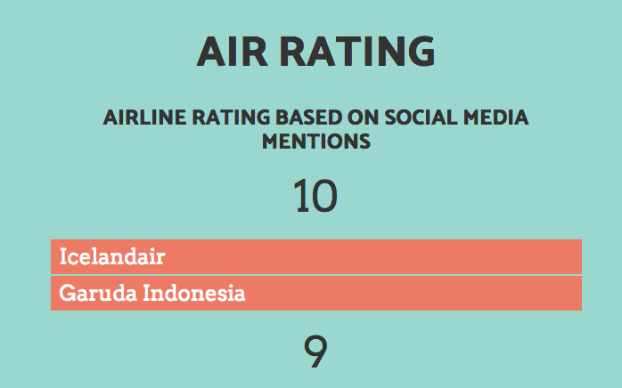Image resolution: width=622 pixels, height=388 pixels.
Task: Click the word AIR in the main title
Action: tap(233, 53)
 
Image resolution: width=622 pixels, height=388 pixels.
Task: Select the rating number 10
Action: tap(315, 197)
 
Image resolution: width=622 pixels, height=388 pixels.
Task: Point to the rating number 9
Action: tap(315, 352)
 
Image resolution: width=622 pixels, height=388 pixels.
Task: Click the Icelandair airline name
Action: tap(112, 257)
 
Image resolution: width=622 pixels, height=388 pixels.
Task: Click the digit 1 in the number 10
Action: tap(301, 197)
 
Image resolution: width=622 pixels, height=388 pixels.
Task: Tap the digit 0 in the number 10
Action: tap(324, 197)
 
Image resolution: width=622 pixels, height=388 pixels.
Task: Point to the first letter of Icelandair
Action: tap(62, 257)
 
